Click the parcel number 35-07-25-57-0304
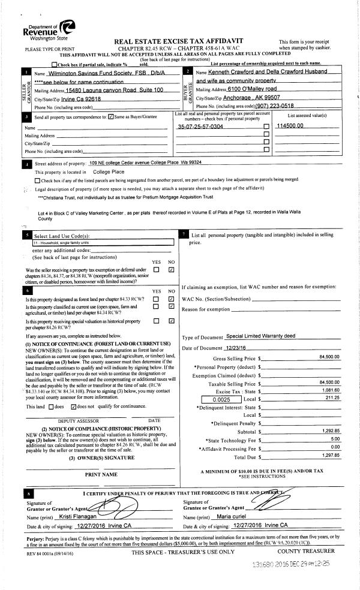(200, 127)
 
